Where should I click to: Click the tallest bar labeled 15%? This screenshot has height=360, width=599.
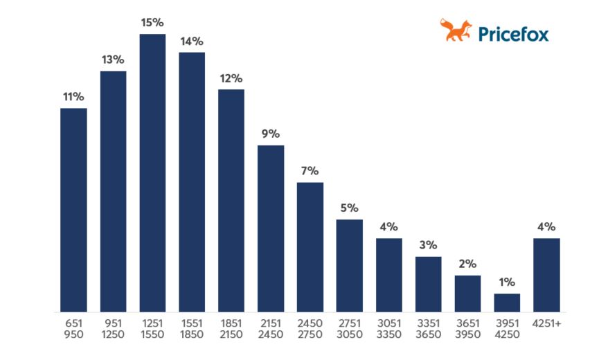coord(152,173)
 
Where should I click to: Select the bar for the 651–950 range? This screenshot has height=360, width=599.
coord(73,210)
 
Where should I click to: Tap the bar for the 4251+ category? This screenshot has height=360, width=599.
coord(546,275)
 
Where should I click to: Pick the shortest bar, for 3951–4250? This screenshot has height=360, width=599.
coord(507,303)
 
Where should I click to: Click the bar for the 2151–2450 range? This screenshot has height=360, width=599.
coord(271,228)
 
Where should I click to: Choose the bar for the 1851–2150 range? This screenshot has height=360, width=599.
coord(231,201)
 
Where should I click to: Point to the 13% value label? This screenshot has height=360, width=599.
coord(113,60)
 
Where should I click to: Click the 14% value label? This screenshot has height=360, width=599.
coord(192,41)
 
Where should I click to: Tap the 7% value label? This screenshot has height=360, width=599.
coord(310,171)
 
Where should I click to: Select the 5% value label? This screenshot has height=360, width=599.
coord(349,208)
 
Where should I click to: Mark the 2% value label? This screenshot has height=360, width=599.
coord(467,264)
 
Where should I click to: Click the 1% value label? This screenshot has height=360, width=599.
coord(507,282)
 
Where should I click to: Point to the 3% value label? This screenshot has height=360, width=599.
coord(428,245)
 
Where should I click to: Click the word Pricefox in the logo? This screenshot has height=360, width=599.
coord(514,33)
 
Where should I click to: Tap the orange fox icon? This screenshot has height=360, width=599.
coord(456,30)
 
